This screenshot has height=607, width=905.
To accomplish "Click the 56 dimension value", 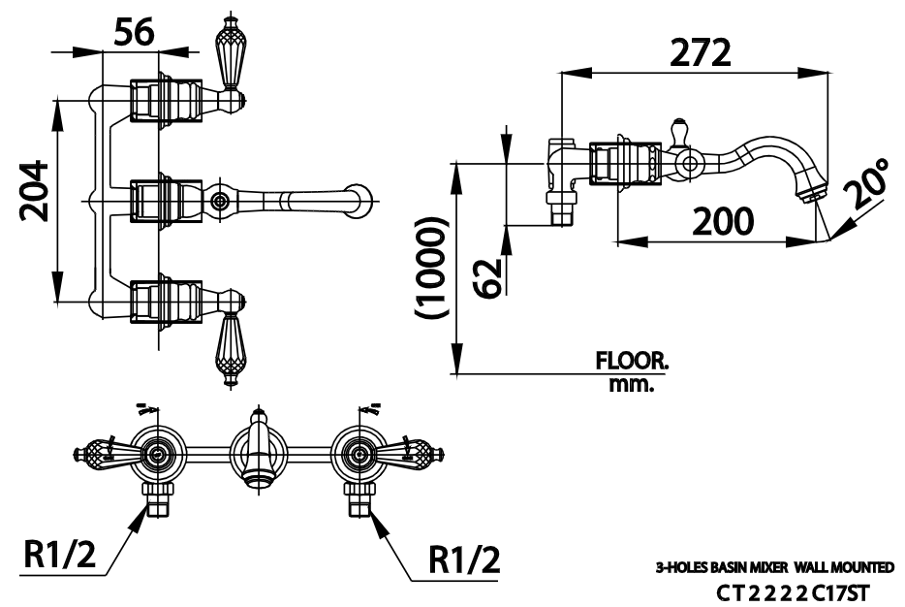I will (133, 33).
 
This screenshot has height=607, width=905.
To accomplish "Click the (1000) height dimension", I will (432, 269).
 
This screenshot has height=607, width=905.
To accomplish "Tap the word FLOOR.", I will (633, 362).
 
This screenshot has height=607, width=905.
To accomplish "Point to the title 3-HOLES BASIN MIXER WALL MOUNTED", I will (775, 567).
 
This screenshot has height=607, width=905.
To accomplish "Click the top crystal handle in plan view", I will (230, 53).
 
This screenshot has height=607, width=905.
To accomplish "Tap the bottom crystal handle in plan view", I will (230, 349).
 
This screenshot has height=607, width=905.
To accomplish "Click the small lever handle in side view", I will (680, 129).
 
